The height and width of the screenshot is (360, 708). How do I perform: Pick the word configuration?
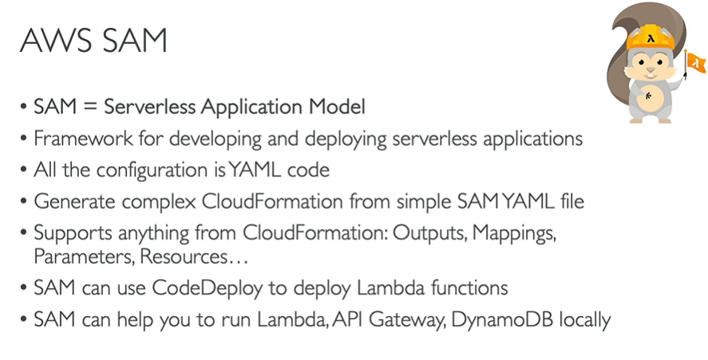click(132, 170)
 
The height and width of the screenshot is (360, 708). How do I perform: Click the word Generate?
click(67, 201)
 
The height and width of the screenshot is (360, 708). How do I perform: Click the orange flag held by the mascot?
click(695, 60)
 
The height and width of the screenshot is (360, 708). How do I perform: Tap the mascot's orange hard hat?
click(651, 37)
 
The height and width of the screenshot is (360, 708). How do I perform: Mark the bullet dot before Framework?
click(23, 138)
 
